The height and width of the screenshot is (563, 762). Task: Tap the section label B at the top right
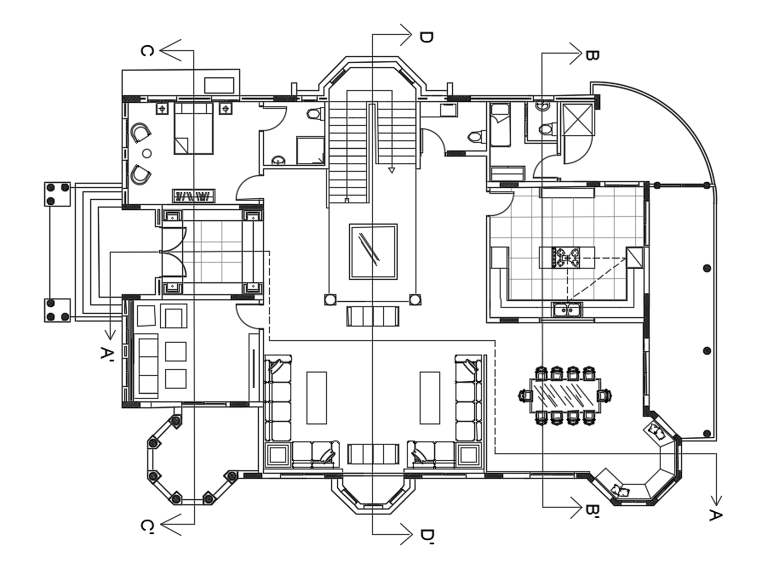coord(592,55)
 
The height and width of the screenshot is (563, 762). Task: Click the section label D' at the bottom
coord(427,537)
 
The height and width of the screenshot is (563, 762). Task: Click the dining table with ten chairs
coord(564,395)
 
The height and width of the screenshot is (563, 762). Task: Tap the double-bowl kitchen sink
coord(566,310)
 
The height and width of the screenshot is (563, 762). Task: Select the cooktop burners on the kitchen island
coord(566,255)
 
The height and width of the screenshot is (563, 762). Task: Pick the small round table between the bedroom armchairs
coord(146,153)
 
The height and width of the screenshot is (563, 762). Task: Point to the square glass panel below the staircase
coord(373,250)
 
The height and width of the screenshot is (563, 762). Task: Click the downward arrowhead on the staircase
coord(392,171)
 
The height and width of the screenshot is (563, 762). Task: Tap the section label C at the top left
coord(146,51)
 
